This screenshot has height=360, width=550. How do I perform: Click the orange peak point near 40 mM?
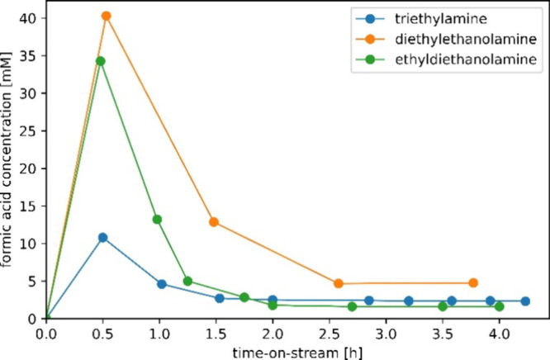(x=106, y=16)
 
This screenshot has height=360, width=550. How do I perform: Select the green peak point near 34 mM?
(x=101, y=61)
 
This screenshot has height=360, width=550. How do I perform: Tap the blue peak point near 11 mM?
(x=103, y=238)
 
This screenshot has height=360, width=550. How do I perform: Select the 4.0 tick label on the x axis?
(x=499, y=338)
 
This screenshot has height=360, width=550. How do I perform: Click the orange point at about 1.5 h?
(x=214, y=222)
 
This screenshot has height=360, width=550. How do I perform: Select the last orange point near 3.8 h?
(x=473, y=283)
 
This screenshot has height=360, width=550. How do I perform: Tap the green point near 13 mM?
(x=157, y=220)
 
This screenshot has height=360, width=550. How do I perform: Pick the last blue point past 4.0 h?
(x=525, y=301)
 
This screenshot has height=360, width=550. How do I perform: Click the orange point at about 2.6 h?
(x=339, y=284)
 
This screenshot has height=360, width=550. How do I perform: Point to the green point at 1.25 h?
(x=187, y=282)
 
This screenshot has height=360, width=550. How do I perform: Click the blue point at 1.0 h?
(x=162, y=284)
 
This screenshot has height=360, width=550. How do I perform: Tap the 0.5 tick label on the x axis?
(x=103, y=338)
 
